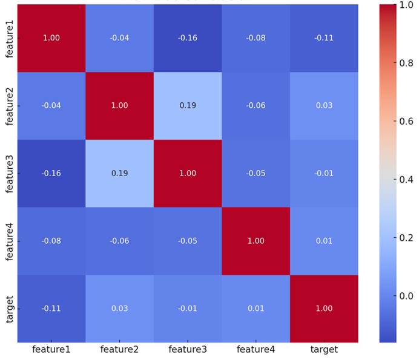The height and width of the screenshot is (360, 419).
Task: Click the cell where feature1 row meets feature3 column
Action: (x=188, y=38)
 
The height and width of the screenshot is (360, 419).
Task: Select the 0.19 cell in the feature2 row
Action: (x=188, y=106)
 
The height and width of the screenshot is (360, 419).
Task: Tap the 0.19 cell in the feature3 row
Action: (x=119, y=174)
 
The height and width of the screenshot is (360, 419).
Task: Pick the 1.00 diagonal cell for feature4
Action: (x=256, y=241)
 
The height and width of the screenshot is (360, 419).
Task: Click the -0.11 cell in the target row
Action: (x=51, y=309)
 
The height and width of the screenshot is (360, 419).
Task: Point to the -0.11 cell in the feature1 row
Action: (x=324, y=38)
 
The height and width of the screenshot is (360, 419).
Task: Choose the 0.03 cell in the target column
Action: (x=324, y=106)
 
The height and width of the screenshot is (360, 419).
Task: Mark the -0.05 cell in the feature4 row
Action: (x=188, y=241)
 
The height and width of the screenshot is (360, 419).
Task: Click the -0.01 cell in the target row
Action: (x=188, y=309)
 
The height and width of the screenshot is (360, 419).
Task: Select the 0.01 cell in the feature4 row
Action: (x=324, y=241)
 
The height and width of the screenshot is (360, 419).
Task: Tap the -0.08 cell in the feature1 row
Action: (x=256, y=38)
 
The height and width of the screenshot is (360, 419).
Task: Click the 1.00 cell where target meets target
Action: (x=324, y=309)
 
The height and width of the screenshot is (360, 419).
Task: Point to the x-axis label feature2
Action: (x=119, y=350)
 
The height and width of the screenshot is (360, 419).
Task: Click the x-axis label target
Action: (x=324, y=350)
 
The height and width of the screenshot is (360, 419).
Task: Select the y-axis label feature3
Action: (x=10, y=174)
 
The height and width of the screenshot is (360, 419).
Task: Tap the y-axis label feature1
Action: (x=10, y=38)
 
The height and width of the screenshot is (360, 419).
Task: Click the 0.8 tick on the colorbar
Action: (x=406, y=63)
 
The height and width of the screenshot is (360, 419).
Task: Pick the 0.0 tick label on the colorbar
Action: (x=406, y=296)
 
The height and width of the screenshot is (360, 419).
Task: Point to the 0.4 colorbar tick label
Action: (x=406, y=180)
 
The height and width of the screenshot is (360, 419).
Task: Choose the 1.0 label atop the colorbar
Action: (x=406, y=5)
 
